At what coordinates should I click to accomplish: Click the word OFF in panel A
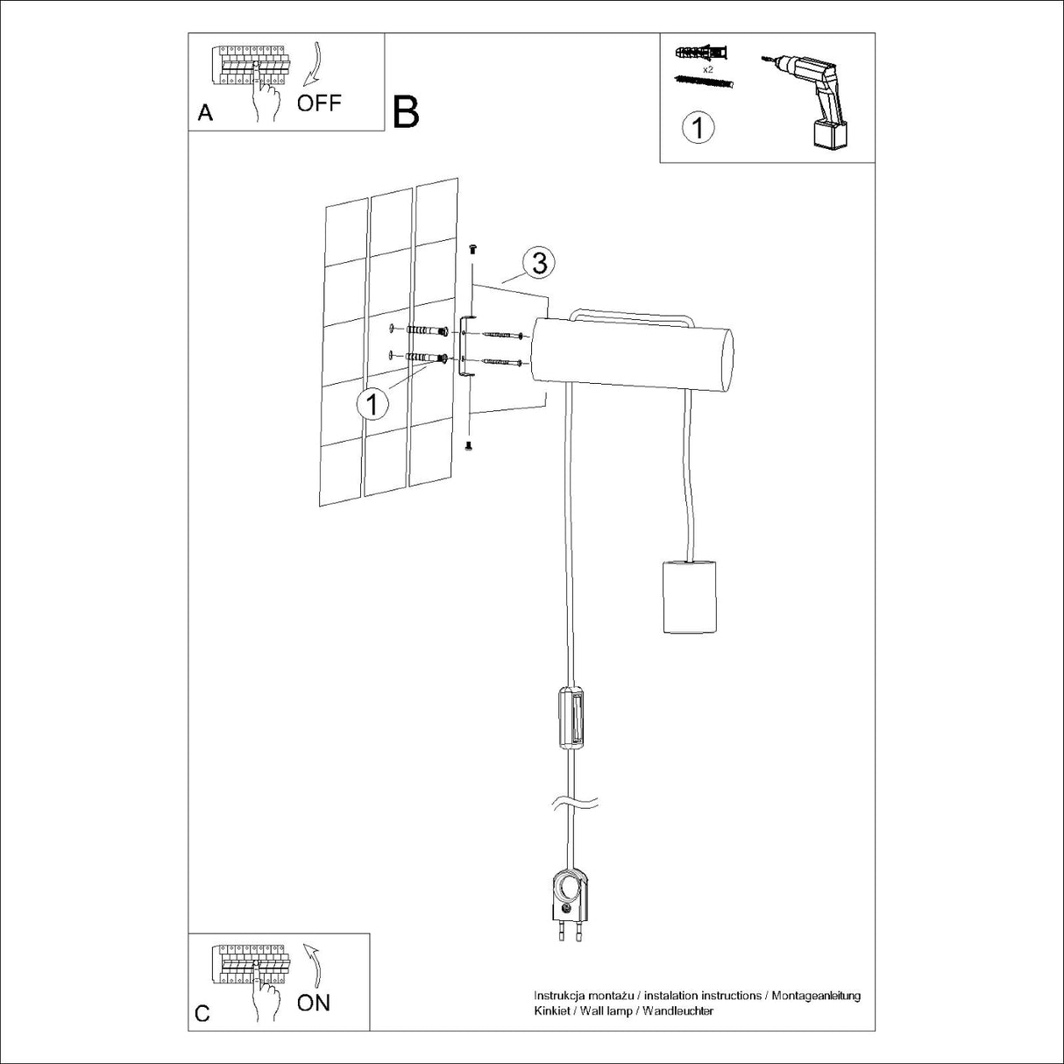pos(318,103)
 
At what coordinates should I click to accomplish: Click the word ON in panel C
pos(313,1002)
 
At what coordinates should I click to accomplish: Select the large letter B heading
pos(406,111)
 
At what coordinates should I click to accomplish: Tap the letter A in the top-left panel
pos(205,112)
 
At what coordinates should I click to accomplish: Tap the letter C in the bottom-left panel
pos(202,1014)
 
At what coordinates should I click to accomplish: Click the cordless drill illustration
pos(807,97)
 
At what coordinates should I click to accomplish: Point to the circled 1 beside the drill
pos(698,128)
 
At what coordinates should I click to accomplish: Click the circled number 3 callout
pos(539,262)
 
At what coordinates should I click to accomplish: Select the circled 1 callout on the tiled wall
pos(372,404)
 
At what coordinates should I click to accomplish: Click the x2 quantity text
pos(706,67)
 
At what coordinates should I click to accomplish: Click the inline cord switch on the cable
pos(571,717)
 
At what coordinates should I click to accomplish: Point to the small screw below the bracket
pos(467,447)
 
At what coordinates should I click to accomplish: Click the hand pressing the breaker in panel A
pos(263,96)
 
